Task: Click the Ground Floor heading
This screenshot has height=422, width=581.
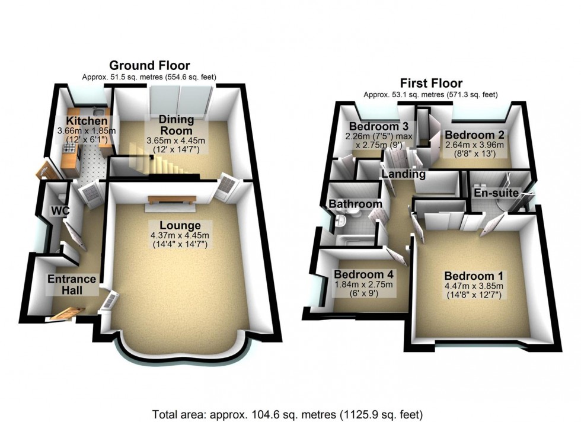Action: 149,66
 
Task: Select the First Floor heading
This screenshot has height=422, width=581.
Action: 431,83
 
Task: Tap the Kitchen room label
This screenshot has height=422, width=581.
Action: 87,121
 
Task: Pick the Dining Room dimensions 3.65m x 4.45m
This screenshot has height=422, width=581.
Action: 176,141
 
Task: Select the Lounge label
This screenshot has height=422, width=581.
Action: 180,225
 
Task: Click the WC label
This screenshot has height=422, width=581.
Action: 60,211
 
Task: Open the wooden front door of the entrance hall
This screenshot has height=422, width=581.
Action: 67,314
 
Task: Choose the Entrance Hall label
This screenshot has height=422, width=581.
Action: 72,284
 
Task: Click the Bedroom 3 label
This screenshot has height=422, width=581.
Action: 378,126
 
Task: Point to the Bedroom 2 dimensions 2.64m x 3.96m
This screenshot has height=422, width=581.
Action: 475,145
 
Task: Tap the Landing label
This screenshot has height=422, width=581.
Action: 404,174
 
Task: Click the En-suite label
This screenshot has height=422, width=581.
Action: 496,193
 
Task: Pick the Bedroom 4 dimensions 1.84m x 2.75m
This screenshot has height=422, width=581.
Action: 363,285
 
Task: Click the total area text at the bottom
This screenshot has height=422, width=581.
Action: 288,414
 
